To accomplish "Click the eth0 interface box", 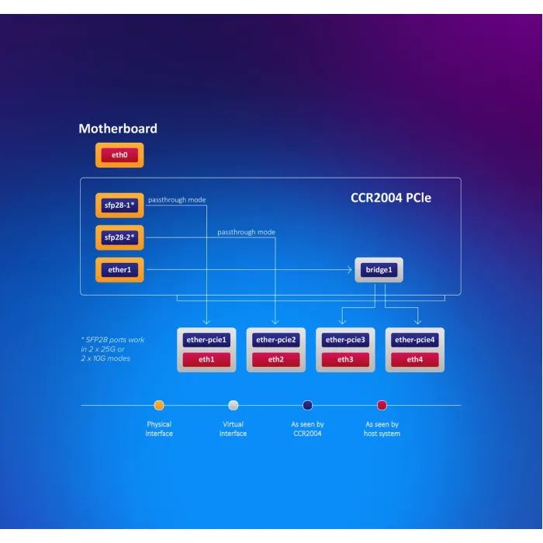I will [119, 155].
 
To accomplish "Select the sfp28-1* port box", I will [119, 206].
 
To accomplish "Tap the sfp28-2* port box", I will [119, 237].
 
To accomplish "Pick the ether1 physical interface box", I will [119, 270].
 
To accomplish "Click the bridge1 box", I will [379, 271].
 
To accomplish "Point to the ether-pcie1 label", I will [206, 340].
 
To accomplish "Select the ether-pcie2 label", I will [276, 340].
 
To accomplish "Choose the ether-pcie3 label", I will [345, 340].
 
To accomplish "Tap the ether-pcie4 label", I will [415, 340].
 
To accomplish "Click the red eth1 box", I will [206, 359].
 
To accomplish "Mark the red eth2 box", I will [276, 359].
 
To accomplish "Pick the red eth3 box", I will [345, 359].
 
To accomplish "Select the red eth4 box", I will [415, 359].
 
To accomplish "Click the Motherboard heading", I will [118, 129].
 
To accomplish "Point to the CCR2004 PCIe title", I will [391, 198].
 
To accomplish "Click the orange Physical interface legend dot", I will [159, 405].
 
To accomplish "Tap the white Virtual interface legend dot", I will [233, 405].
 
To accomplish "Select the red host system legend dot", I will [382, 405].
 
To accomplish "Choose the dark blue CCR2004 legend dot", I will [307, 405].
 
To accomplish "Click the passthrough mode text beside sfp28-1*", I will [177, 200].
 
